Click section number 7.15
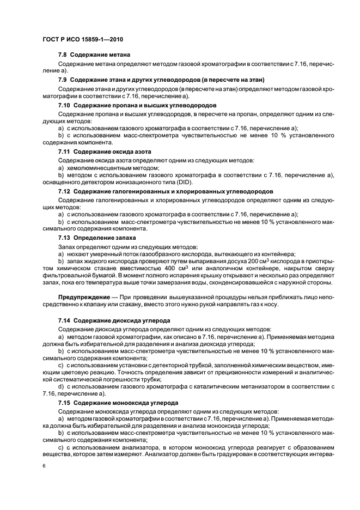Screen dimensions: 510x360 [x=65, y=402]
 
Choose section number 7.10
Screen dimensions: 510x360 [x=65, y=104]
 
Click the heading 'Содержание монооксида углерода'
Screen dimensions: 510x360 [x=127, y=402]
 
